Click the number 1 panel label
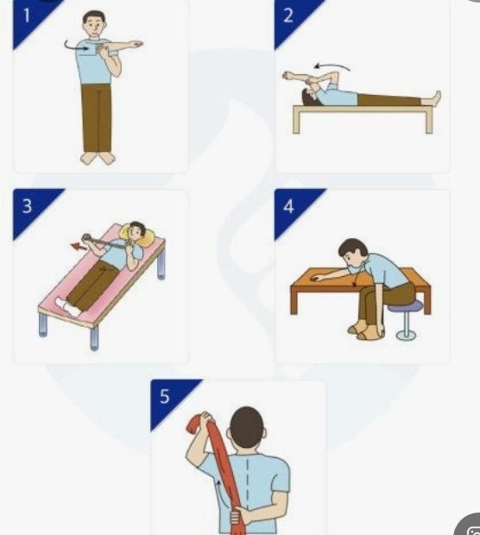(26, 16)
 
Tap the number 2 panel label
(288, 16)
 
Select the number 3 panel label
(27, 206)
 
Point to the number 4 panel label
(288, 206)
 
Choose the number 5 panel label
(165, 396)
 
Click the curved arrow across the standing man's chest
(76, 47)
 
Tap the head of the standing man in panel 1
(95, 24)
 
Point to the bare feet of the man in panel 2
(431, 98)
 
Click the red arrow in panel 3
(79, 247)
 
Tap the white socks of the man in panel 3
(69, 306)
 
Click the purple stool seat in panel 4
(406, 306)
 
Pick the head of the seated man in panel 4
(353, 253)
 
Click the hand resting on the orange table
(319, 279)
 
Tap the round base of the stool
(407, 335)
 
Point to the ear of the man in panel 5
(264, 431)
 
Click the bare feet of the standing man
(98, 158)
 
